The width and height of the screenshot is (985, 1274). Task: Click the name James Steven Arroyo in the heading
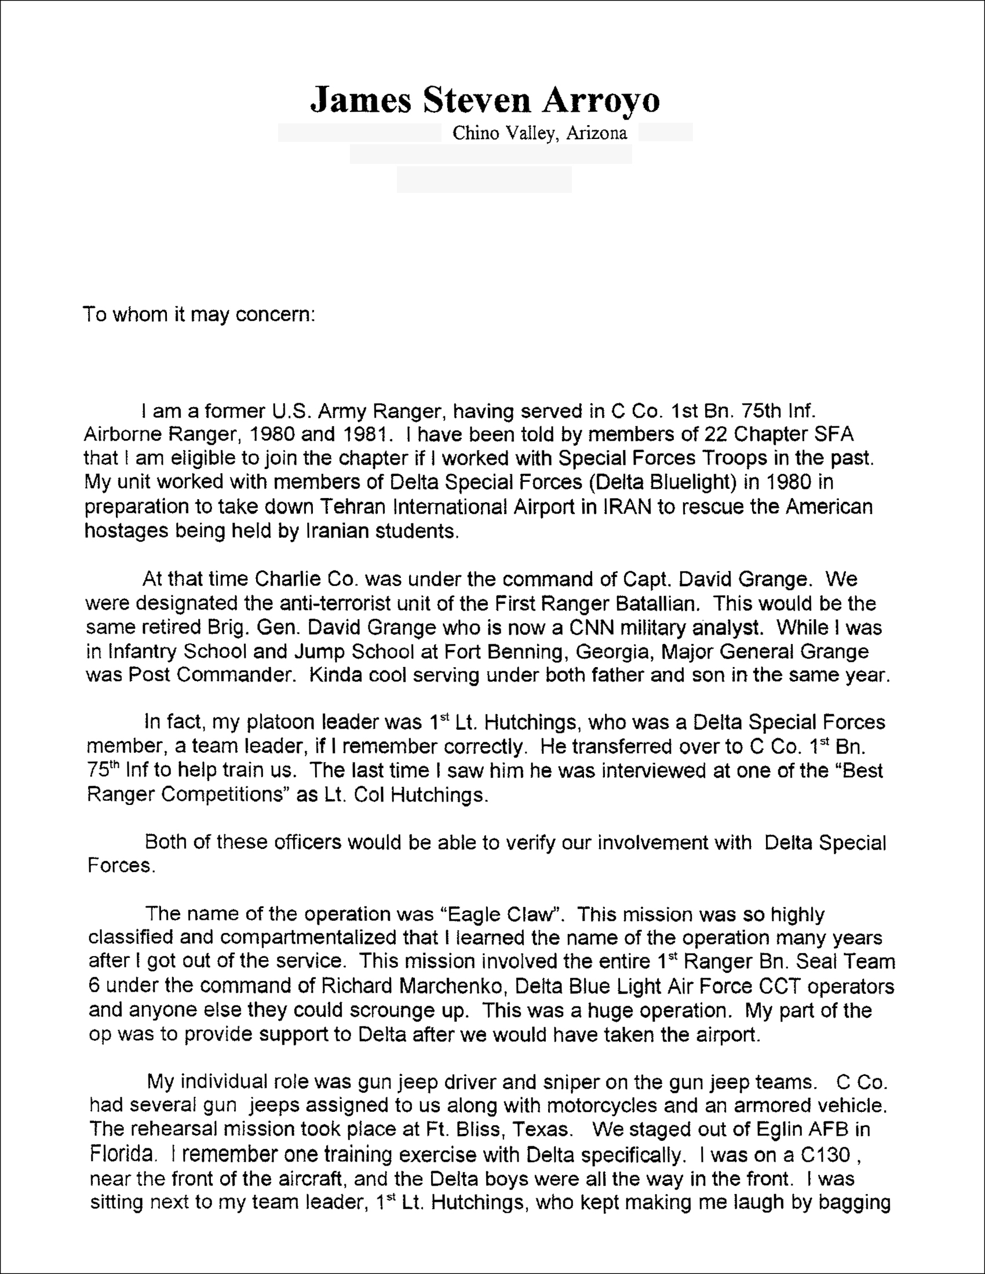coord(484,100)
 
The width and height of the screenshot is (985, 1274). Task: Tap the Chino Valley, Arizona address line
coord(540,134)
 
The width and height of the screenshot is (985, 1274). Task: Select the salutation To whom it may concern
coord(199,314)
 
